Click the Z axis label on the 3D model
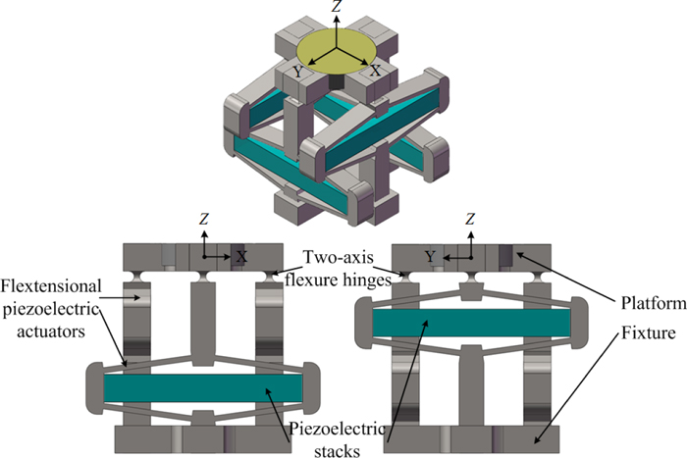337,7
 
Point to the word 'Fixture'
641,334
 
